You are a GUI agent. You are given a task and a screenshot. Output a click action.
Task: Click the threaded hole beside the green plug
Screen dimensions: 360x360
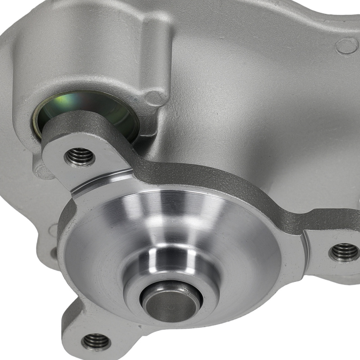[80, 156]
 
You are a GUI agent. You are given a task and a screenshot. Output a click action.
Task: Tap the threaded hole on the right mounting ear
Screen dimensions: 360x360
[344, 252]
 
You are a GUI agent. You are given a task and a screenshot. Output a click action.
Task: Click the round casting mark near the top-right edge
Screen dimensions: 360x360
[347, 46]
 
